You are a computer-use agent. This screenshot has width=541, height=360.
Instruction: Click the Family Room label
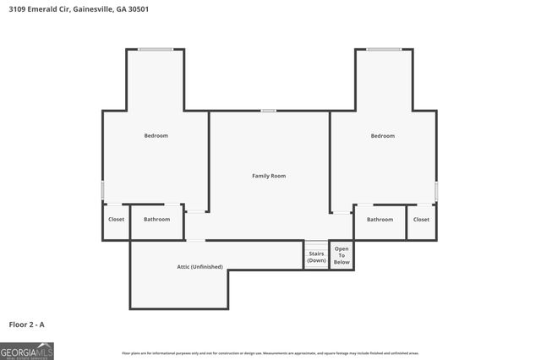click(269, 176)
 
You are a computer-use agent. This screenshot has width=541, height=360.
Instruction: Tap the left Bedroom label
click(156, 135)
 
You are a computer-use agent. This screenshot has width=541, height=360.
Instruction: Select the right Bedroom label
click(382, 135)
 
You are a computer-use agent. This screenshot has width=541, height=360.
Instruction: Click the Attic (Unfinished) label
click(199, 266)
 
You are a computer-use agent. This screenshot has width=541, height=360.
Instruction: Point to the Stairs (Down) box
click(316, 256)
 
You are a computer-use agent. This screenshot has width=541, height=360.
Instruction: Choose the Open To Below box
click(342, 255)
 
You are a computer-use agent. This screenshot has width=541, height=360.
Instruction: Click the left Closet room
click(116, 220)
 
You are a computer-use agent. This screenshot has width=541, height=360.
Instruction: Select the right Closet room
click(421, 220)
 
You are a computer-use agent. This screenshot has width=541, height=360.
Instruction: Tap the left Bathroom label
click(156, 220)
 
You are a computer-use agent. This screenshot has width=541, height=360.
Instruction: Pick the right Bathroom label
click(380, 220)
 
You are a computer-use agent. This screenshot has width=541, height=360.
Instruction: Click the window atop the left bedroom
click(156, 49)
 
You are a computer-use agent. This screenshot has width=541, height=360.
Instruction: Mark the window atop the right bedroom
click(384, 49)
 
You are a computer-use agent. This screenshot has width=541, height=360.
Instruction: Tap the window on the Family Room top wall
click(268, 111)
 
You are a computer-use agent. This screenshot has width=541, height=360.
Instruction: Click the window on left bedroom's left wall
click(103, 190)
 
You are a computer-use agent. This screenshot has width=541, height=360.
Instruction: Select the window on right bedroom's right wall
click(436, 190)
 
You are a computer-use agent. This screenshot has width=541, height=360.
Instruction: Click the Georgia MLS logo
click(27, 351)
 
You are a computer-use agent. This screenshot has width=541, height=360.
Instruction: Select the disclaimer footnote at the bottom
click(270, 353)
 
